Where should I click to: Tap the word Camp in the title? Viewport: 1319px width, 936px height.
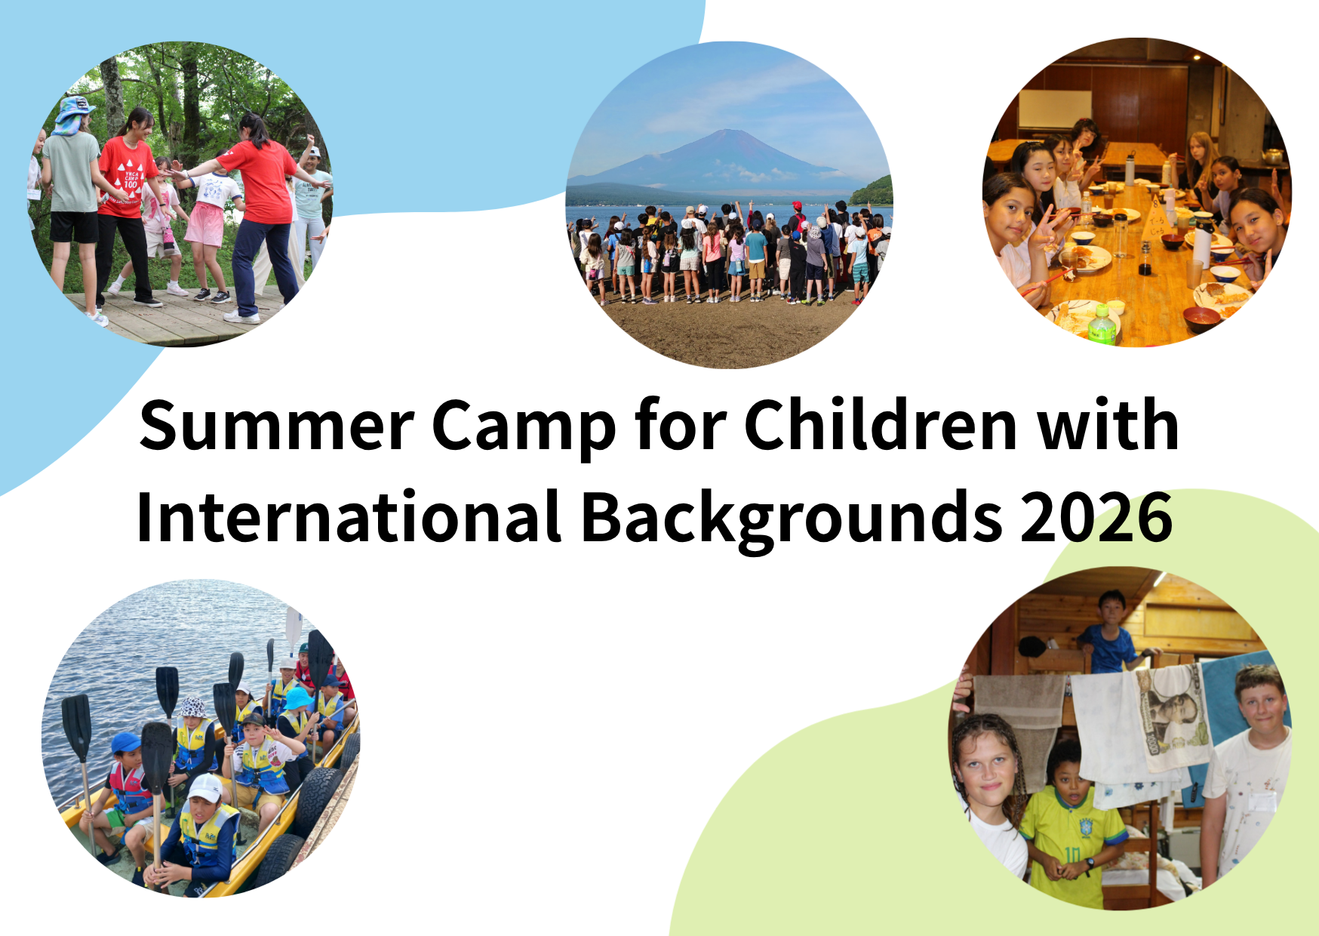pos(524,429)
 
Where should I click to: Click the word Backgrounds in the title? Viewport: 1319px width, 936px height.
pos(792,519)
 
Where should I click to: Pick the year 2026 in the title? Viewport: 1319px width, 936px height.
pos(1096,517)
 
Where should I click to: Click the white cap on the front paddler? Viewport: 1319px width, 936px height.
pos(204,787)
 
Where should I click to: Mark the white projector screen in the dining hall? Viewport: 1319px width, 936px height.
pos(1055,109)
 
